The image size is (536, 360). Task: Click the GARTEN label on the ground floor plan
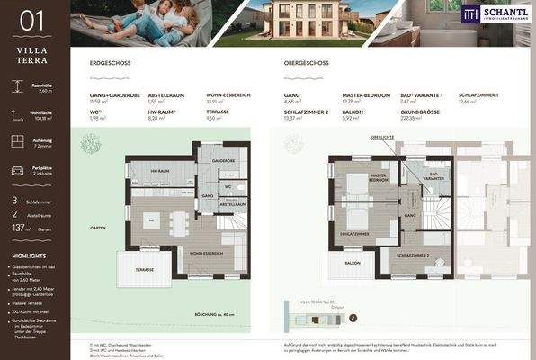98,228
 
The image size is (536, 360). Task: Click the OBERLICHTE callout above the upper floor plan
382,137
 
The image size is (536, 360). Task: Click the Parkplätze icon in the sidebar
17,170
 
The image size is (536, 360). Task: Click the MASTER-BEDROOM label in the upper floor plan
378,178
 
